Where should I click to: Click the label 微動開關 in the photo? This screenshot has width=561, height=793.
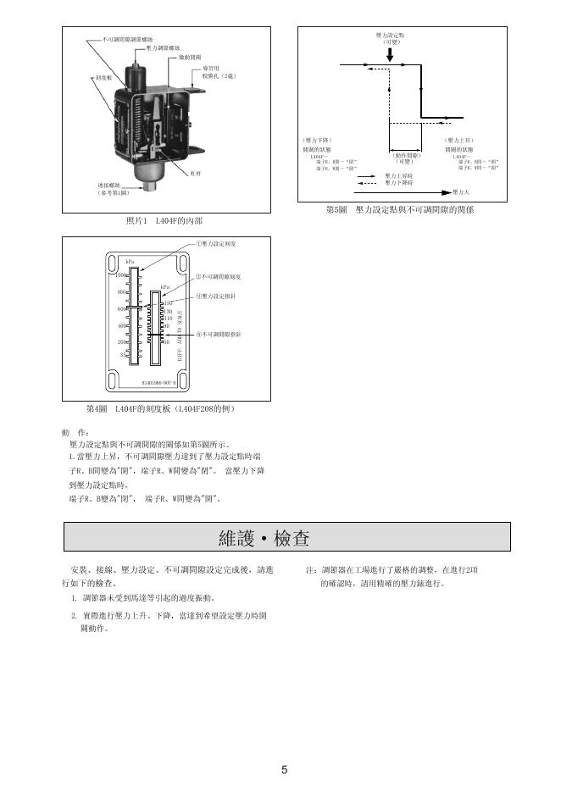point(190,57)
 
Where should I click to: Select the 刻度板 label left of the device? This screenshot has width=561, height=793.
point(92,77)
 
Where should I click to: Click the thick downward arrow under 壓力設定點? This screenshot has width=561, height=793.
point(389,53)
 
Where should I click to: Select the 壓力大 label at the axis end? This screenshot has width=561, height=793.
point(462,192)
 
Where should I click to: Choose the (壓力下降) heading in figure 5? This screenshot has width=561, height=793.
point(316,140)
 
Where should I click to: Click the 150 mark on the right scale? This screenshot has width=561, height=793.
point(167,303)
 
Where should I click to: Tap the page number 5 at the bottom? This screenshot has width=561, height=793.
point(285,770)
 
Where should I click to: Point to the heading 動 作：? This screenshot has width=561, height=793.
point(76,431)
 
